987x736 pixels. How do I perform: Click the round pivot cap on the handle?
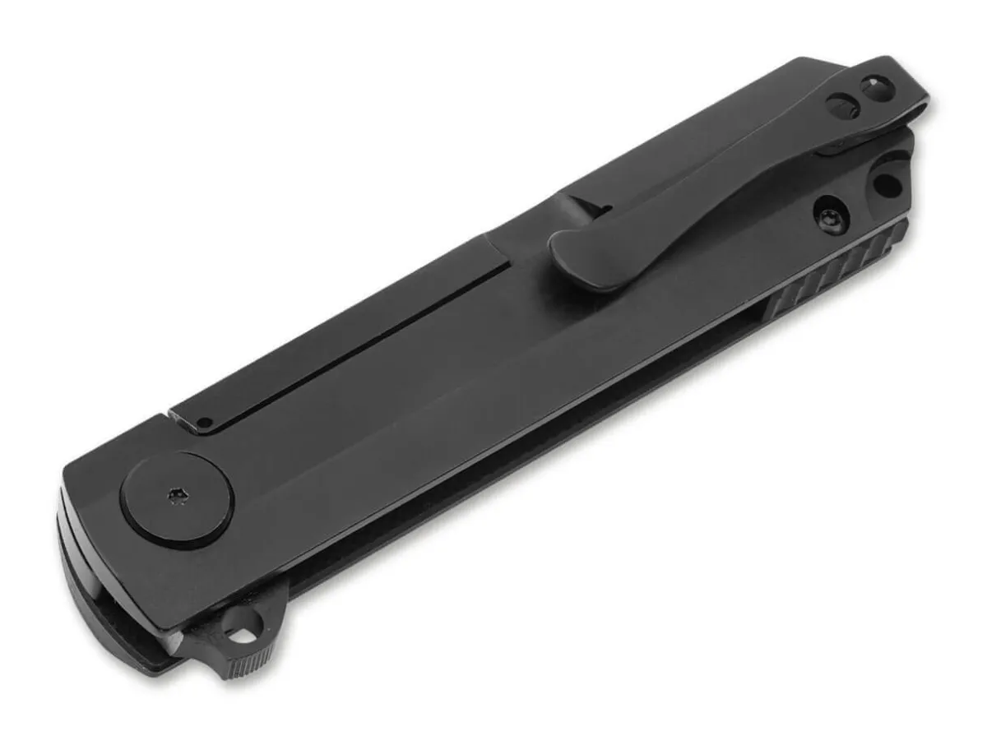coord(177,497)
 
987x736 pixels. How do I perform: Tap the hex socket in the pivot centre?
coord(175,495)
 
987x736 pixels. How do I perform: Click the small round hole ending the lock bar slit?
coord(202,424)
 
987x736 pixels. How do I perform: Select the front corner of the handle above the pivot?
coord(82,485)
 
